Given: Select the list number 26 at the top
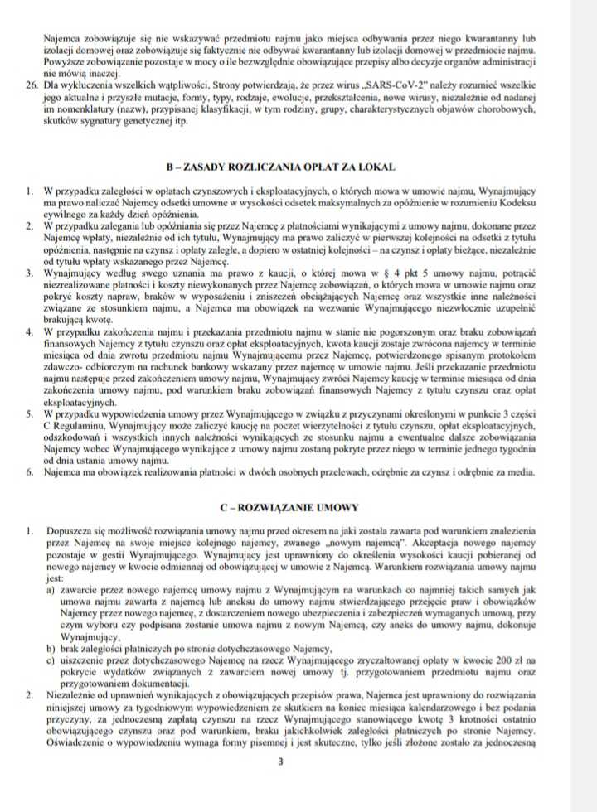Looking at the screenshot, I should pos(32,85).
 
